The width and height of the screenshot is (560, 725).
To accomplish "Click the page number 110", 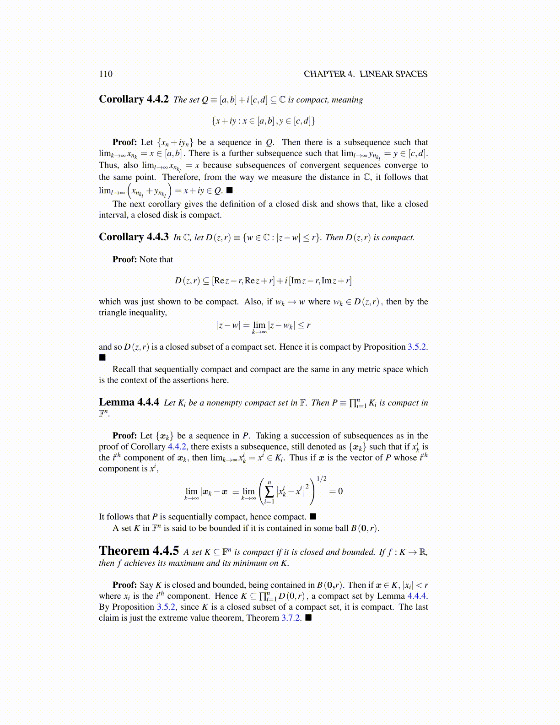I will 106,74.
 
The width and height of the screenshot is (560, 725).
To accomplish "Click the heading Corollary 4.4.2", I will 134,99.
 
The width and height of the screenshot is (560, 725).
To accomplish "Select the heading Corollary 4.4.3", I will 134,237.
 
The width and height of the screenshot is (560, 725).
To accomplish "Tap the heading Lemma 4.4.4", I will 129,402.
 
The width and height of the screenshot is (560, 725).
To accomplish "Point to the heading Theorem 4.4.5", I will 139,551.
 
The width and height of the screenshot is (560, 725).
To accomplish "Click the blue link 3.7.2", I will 291,618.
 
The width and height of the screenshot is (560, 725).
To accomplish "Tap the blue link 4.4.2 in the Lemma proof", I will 177,447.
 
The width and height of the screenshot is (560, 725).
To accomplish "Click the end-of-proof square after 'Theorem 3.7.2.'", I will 308,618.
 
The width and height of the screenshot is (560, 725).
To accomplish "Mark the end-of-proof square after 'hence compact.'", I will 313,517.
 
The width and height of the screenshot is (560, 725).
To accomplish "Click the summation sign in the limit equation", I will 269,492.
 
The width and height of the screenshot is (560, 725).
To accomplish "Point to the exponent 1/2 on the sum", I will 322,479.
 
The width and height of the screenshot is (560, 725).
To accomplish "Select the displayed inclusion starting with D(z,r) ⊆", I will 263,281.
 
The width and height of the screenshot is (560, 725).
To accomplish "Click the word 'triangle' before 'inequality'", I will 113,313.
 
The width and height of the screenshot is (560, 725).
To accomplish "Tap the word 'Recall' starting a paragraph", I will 125,369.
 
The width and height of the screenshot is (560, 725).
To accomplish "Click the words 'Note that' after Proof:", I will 156,260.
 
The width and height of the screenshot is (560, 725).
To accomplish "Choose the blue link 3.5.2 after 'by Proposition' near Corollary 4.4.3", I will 417,347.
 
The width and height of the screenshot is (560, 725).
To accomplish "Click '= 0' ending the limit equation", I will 336,492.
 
